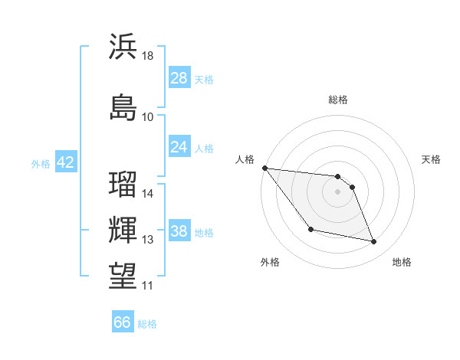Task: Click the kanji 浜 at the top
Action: [123, 47]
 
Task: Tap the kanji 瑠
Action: [123, 185]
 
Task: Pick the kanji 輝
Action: [123, 230]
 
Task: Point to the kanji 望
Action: [123, 275]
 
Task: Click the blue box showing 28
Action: [179, 78]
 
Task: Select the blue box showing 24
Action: [179, 147]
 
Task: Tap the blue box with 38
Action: [179, 231]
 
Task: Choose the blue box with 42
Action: [65, 162]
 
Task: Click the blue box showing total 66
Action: [123, 322]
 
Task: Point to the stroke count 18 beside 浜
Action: [148, 57]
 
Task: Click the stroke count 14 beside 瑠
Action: [148, 194]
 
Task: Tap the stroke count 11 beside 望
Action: [148, 286]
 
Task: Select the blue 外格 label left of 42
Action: [41, 163]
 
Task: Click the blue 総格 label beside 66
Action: [147, 324]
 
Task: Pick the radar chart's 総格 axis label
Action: [338, 100]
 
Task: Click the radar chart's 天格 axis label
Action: [432, 159]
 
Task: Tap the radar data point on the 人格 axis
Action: [265, 168]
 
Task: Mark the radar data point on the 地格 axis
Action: [374, 242]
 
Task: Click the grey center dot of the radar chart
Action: [338, 191]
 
